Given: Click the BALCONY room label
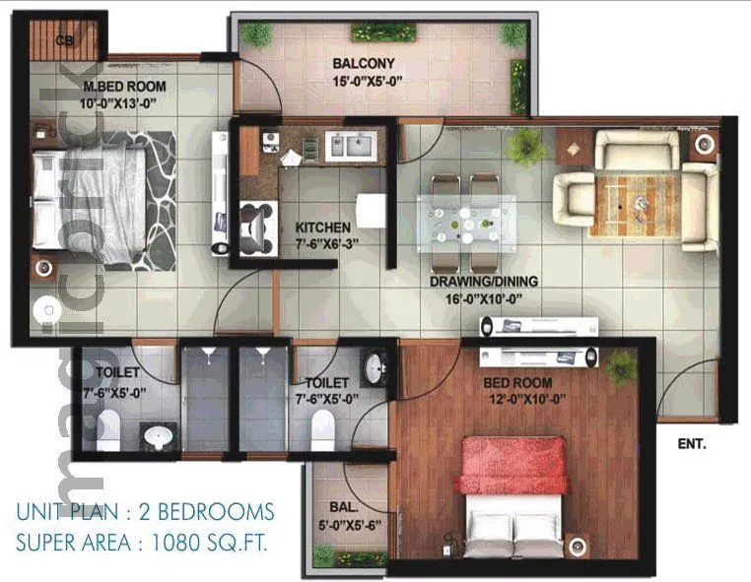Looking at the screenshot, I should pyautogui.click(x=363, y=64).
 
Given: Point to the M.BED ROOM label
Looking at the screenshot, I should pyautogui.click(x=123, y=86).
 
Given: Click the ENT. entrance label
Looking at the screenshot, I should pyautogui.click(x=692, y=445).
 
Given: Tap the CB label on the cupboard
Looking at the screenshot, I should pyautogui.click(x=65, y=40).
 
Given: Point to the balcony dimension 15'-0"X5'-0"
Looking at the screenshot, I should pyautogui.click(x=363, y=81).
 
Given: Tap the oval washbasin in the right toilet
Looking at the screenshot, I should pyautogui.click(x=375, y=368).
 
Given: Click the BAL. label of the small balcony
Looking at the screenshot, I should pyautogui.click(x=343, y=507).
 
